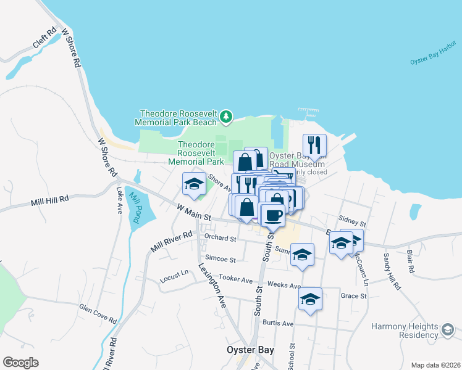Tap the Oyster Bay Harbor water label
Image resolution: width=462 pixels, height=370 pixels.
(432, 55)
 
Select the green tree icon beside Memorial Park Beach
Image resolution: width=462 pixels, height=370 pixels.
(227, 115)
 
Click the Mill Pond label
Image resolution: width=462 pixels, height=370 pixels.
(134, 208)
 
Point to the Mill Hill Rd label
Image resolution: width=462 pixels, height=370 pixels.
(49, 200)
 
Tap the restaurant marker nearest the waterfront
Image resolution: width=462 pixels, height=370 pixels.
(314, 146)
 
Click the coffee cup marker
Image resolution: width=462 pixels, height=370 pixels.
(273, 215)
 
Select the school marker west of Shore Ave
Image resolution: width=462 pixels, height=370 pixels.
(194, 184)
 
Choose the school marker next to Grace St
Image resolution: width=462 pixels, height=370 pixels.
(310, 299)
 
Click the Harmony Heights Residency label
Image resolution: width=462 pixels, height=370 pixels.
(405, 331)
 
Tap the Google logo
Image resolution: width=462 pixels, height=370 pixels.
(20, 363)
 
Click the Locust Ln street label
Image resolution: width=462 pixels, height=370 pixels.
(174, 273)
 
